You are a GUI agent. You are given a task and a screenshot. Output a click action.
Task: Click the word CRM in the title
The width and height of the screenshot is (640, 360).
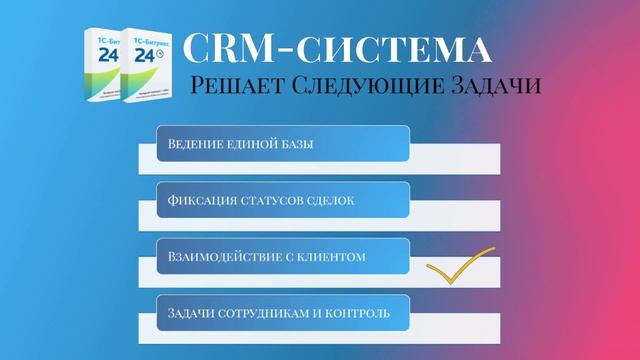pyautogui.click(x=232, y=47)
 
